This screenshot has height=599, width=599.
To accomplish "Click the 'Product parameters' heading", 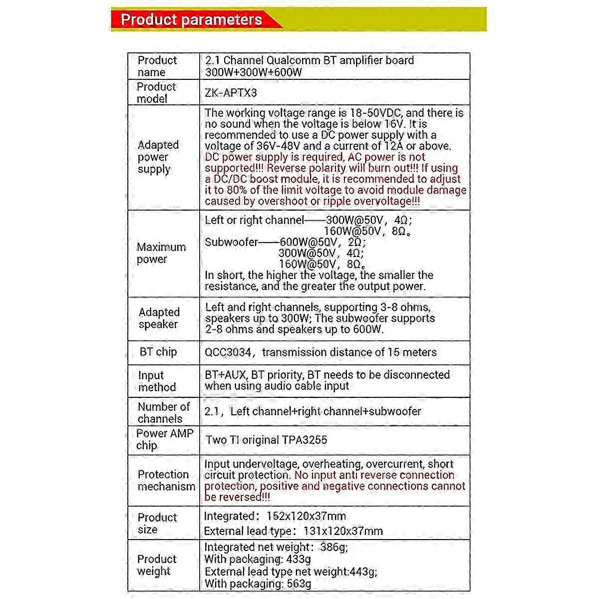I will click(191, 19).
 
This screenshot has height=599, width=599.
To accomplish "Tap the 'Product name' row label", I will click(157, 66).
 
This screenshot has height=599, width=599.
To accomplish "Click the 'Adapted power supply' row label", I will click(158, 157).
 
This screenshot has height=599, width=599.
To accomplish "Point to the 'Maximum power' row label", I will click(161, 253).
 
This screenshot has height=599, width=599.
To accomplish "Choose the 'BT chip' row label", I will click(158, 352).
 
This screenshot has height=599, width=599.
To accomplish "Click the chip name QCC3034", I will click(228, 352).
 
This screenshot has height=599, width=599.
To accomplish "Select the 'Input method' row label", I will click(157, 381).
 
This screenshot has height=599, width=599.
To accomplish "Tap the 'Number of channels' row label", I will click(163, 413).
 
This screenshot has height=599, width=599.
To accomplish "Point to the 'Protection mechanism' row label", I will click(166, 480).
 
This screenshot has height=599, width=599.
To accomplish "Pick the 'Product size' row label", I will click(157, 523).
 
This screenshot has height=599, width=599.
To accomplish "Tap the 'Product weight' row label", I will click(157, 565).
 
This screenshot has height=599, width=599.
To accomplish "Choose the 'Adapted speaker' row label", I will click(159, 318).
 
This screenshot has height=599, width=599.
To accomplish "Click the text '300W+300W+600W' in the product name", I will click(254, 72).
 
